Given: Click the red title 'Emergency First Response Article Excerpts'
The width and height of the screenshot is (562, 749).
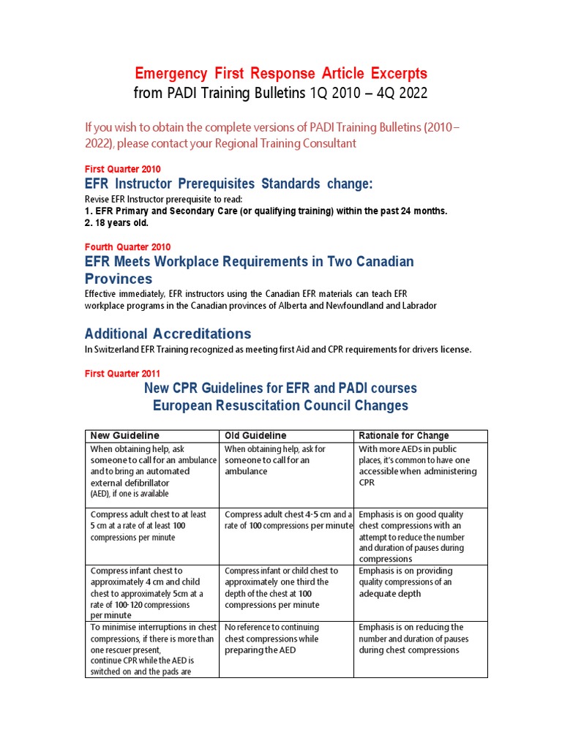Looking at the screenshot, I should pyautogui.click(x=281, y=74).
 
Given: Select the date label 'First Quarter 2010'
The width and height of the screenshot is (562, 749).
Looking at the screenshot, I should pyautogui.click(x=122, y=169).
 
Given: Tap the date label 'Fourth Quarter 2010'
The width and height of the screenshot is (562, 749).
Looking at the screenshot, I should pyautogui.click(x=127, y=246).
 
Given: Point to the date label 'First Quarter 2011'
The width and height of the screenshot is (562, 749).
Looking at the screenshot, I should pyautogui.click(x=122, y=373).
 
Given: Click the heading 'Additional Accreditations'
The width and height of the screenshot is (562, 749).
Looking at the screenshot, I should pyautogui.click(x=168, y=334).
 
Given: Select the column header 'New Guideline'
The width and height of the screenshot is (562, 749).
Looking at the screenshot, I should pyautogui.click(x=124, y=436).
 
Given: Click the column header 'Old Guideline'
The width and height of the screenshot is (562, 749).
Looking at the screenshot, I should pyautogui.click(x=255, y=436).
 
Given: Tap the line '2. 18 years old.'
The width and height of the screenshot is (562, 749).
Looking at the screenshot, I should pyautogui.click(x=117, y=222).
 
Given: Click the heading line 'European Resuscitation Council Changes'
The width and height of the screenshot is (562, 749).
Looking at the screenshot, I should pyautogui.click(x=281, y=405).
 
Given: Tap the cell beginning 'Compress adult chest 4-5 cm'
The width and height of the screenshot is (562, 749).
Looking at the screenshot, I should pyautogui.click(x=288, y=520).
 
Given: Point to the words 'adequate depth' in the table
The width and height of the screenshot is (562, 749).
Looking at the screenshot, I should pyautogui.click(x=390, y=593).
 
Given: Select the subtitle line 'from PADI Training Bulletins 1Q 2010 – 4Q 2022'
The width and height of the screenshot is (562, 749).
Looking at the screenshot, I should pyautogui.click(x=281, y=94).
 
